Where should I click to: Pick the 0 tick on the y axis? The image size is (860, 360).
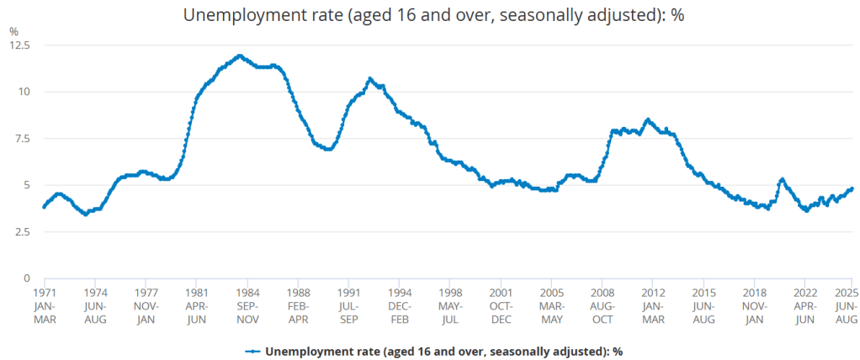coord(26,278)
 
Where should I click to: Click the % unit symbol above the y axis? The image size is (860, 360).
coord(13,31)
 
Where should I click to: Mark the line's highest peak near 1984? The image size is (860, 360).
coord(241,56)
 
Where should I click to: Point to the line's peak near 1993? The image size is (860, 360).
coord(369,78)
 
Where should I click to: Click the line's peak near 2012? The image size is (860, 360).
coord(647,119)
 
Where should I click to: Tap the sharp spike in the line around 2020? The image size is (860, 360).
coord(783,179)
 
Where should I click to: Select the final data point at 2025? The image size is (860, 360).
coord(852,188)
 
